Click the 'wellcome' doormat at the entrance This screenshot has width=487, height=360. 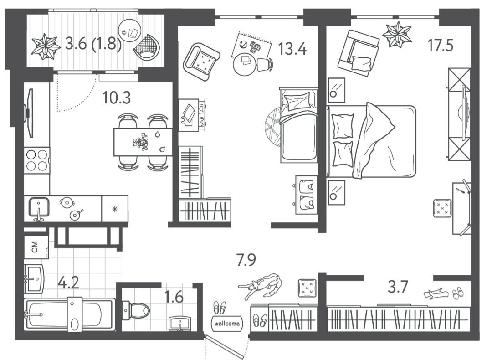point(227,324)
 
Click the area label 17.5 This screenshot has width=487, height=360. point(440,46)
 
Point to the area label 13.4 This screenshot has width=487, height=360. point(292,49)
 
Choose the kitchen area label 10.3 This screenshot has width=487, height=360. point(117,98)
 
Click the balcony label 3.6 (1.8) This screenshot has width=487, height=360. point(93,44)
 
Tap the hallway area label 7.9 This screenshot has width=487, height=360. point(246,260)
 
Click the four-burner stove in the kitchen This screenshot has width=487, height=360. point(37,160)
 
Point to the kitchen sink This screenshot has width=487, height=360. point(39,207)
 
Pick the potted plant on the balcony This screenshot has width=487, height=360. point(46,46)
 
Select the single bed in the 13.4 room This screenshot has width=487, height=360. point(299,125)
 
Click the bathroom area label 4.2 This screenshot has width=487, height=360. point(68,283)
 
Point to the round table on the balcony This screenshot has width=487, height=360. point(130,30)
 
